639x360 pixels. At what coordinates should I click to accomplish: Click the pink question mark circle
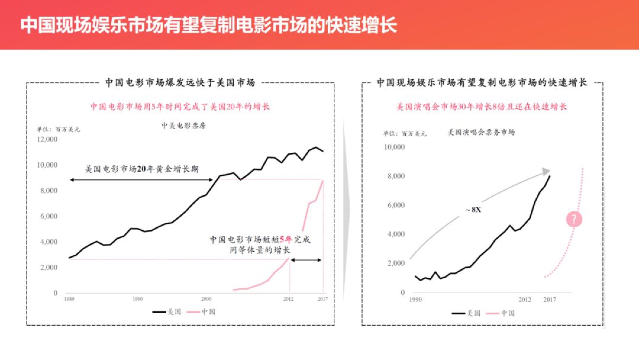coord(574,219)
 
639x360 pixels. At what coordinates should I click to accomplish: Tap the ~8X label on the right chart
coord(473,210)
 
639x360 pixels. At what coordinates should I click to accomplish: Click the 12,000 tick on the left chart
coord(47,139)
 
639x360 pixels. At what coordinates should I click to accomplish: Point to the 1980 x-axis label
coord(69,299)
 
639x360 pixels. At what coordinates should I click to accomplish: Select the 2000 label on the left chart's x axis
coord(206,299)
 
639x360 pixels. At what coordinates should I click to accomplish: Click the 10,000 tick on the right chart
coord(394,147)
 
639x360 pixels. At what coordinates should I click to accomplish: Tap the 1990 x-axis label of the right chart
coord(415,300)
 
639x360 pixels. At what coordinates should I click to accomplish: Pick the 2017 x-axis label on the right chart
coord(550,300)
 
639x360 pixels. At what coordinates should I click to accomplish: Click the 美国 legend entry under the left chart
coord(167,312)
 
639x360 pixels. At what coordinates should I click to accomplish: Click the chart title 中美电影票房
coord(184,126)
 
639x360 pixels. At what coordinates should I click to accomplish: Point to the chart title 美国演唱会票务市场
coord(481,132)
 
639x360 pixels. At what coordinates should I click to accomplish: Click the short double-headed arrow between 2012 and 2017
coord(306,260)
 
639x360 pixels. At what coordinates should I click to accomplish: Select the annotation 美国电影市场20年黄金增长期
coord(142,169)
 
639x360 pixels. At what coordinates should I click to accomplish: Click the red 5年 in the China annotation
coord(286,239)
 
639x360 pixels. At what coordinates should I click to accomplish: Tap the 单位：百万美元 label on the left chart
coord(58,130)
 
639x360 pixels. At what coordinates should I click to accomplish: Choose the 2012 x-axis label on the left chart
coord(288,299)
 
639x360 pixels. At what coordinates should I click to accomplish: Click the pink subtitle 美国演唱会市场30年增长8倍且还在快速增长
coord(481,107)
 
